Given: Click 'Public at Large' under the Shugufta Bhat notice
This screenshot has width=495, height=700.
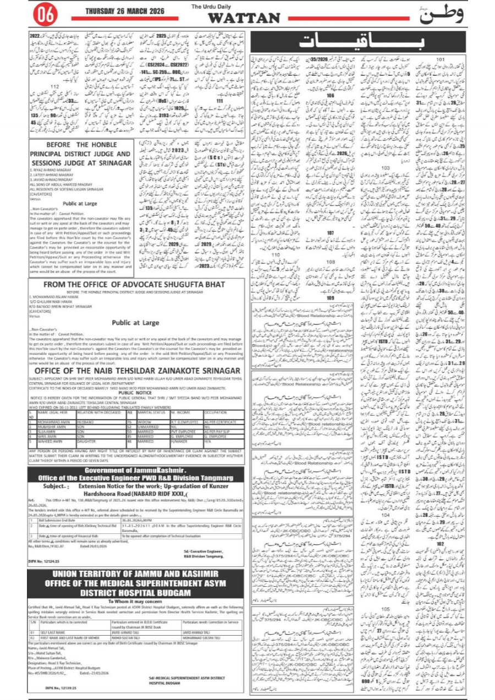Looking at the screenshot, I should [136, 323].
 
